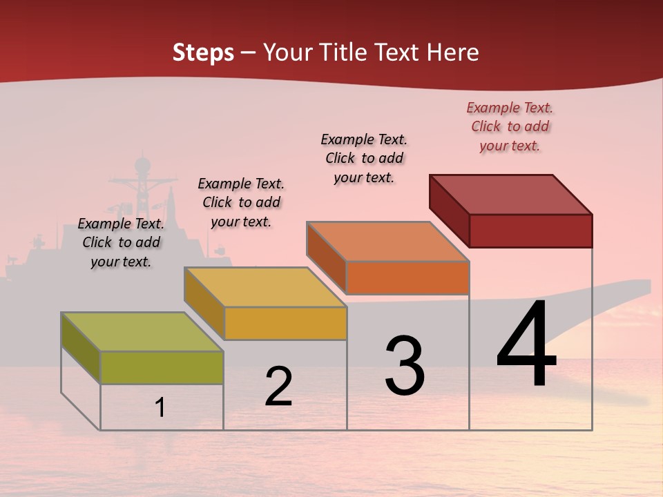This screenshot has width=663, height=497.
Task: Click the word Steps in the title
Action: pos(203,52)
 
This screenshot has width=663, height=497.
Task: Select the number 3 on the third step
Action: pos(405,366)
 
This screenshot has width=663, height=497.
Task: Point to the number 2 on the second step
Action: pos(278,387)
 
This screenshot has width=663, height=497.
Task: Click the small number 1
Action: pos(160,408)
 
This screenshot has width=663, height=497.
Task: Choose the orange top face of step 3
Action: pos(388,242)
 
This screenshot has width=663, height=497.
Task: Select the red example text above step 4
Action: pos(510,127)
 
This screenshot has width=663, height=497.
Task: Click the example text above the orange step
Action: pos(364,158)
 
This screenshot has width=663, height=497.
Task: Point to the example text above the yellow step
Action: pos(241,202)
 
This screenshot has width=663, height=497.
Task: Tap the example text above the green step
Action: pos(121,243)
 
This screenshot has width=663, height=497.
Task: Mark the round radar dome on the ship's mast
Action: pos(142,164)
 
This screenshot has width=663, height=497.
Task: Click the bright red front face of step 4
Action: pos(530,231)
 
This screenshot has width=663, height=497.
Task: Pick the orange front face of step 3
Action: pos(407,278)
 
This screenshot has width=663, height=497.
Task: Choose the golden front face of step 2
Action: pos(285,323)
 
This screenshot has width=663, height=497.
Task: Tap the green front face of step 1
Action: pos(162,367)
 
